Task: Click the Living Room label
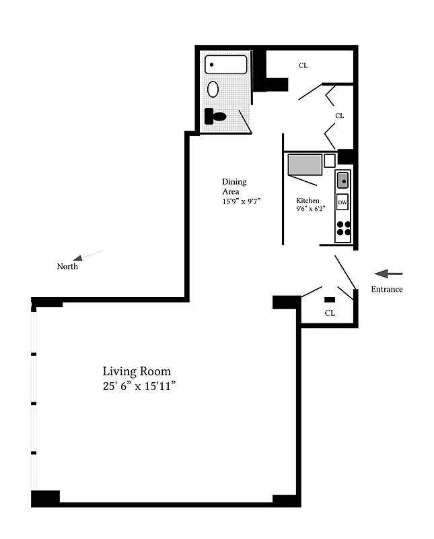tap(137, 371)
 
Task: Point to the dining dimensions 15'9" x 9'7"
tap(241, 201)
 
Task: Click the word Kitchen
tap(308, 201)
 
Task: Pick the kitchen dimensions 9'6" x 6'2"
tap(310, 209)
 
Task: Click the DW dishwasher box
tap(342, 202)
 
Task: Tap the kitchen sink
tap(342, 180)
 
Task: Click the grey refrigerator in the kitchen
tap(305, 164)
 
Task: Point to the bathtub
tap(227, 65)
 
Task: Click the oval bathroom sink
tap(213, 89)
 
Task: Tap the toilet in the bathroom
tap(215, 116)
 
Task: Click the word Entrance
tap(387, 290)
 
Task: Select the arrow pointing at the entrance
tap(388, 274)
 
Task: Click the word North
tap(67, 267)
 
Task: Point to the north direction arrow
tap(89, 255)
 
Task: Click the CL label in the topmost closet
tap(303, 65)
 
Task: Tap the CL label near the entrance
tap(330, 313)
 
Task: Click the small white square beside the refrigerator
tap(329, 160)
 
